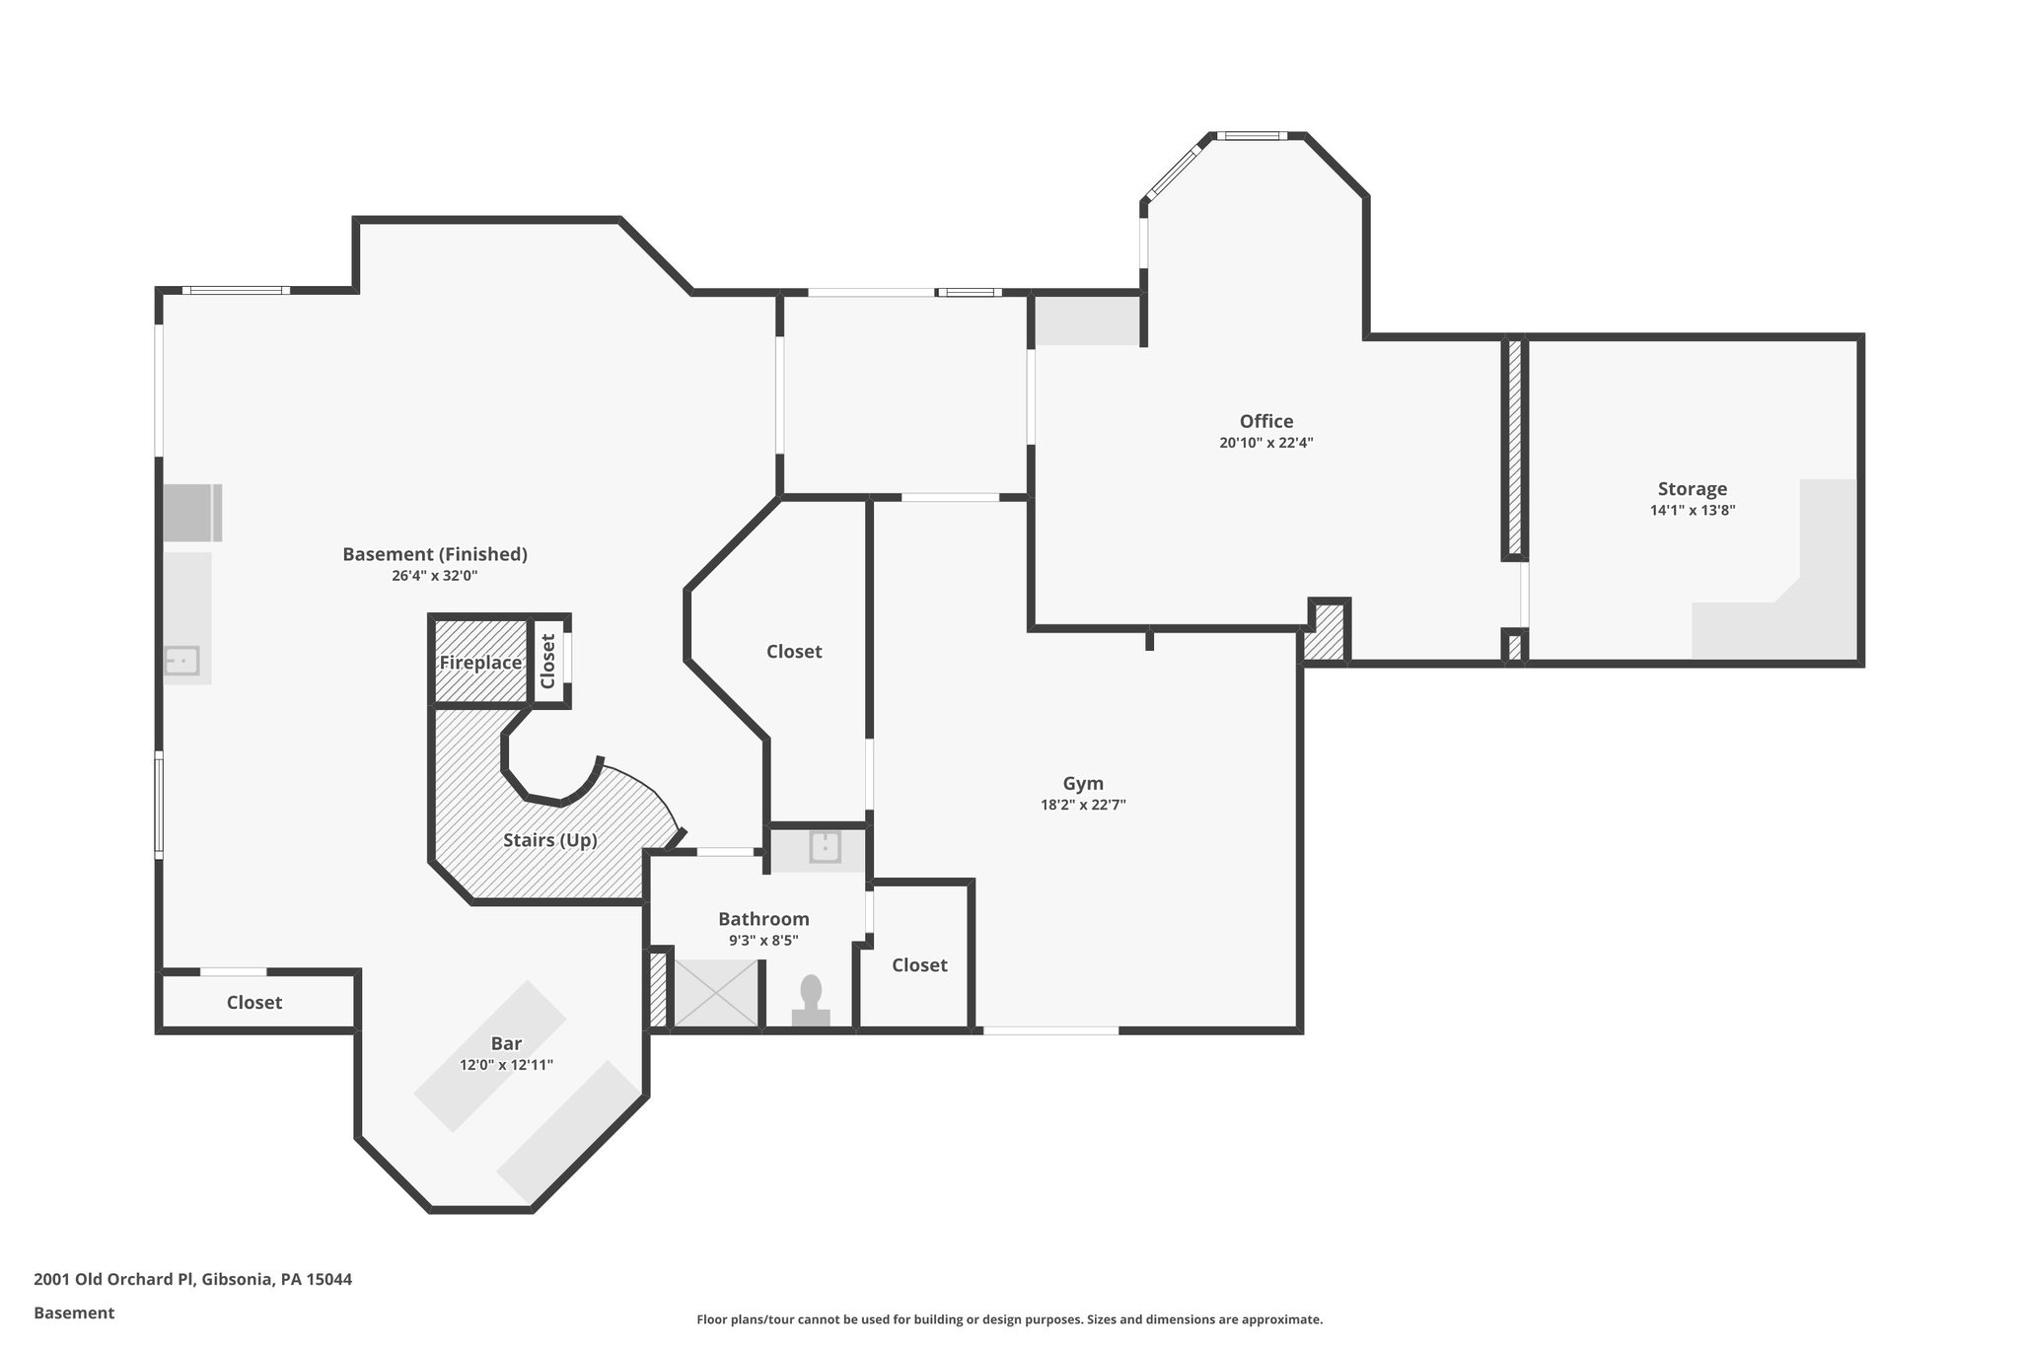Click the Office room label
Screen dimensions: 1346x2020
point(1265,421)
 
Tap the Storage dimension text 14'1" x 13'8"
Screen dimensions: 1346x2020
point(1692,511)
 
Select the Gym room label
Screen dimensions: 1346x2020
point(1082,784)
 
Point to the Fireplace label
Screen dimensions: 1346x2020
point(480,663)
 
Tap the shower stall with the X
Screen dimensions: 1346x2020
point(716,993)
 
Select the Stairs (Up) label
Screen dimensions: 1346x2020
point(549,840)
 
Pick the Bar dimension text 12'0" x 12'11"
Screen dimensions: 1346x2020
point(506,1065)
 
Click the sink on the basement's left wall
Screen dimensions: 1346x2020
point(182,660)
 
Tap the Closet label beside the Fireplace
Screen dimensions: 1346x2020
point(548,661)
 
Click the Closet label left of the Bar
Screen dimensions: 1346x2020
point(254,1003)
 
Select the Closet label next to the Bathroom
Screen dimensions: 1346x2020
point(919,965)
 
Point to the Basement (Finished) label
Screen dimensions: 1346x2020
point(434,554)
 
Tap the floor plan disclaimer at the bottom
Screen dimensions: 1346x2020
point(1009,1319)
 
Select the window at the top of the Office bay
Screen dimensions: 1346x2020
point(1250,136)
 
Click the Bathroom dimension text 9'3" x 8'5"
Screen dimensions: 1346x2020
point(763,941)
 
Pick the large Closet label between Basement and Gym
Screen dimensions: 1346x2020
point(794,652)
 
